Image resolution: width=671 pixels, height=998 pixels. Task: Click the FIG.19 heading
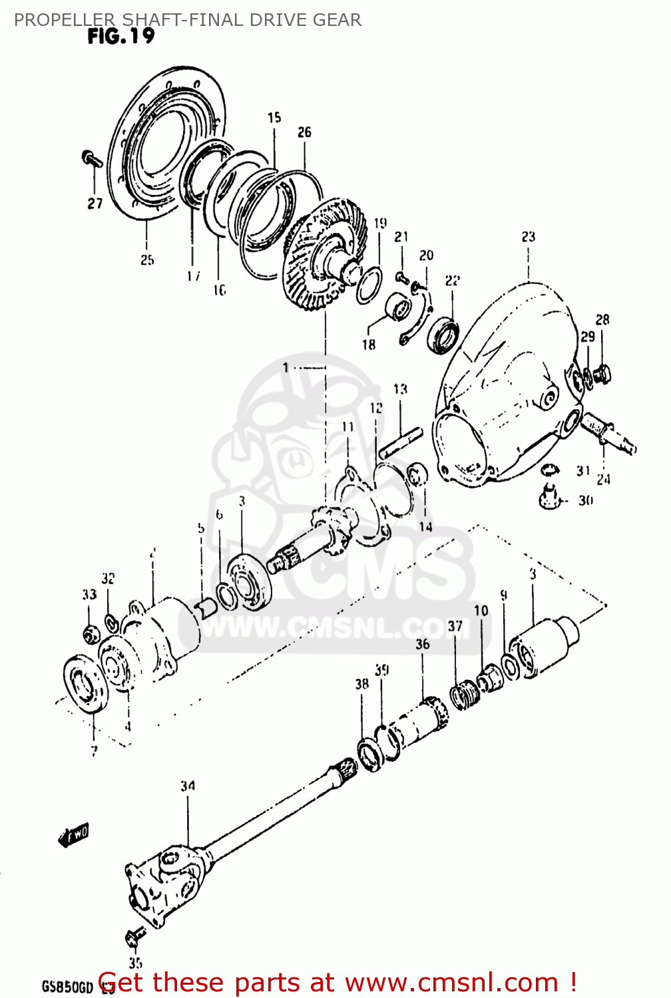click(x=120, y=36)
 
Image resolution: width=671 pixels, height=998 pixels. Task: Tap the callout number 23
click(x=528, y=237)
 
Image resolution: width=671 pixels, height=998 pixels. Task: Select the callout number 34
click(x=188, y=786)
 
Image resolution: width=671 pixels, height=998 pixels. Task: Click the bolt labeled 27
click(x=90, y=159)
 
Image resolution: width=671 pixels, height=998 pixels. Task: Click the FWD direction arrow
click(x=74, y=834)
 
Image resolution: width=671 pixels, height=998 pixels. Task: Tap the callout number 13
click(x=399, y=389)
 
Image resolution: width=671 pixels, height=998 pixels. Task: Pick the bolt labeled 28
click(x=603, y=374)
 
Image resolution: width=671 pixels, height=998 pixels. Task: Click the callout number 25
click(x=147, y=260)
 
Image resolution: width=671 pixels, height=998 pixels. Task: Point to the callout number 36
click(x=423, y=644)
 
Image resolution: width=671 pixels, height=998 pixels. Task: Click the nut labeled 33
click(x=90, y=634)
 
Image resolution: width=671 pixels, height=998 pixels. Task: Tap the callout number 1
click(x=286, y=367)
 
